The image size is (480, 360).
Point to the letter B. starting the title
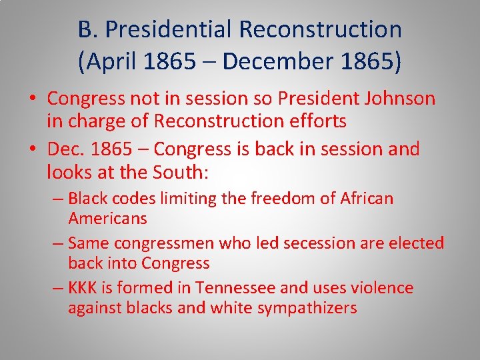[86, 29]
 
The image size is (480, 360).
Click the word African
[367, 198]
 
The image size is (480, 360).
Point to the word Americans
[107, 218]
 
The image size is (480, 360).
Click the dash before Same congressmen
[57, 243]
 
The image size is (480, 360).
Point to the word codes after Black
[128, 198]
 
